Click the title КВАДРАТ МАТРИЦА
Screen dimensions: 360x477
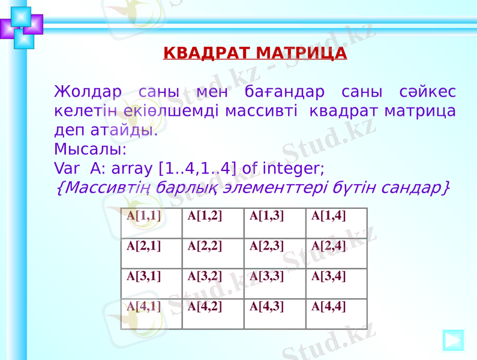(255, 53)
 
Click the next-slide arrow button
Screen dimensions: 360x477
(454, 340)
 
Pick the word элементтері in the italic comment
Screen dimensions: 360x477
(260, 187)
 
